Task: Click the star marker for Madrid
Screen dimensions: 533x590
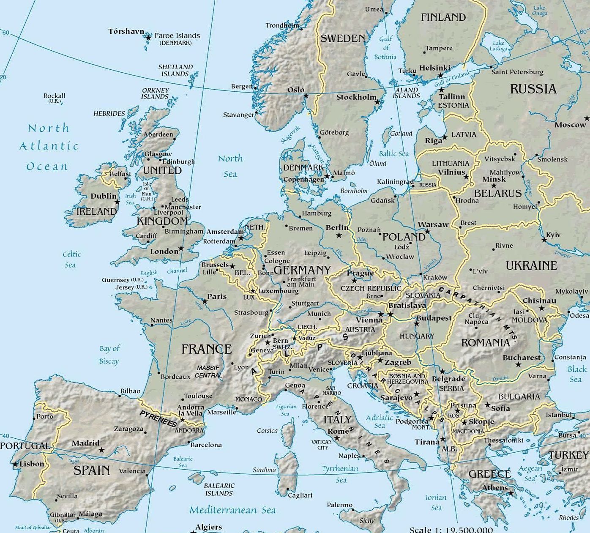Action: point(101,450)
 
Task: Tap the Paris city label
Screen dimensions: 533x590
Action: point(217,296)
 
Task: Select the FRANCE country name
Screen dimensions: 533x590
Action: point(207,349)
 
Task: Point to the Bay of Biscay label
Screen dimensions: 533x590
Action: point(109,355)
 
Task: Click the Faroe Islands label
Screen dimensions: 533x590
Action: point(177,36)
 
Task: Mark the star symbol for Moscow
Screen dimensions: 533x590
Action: point(587,118)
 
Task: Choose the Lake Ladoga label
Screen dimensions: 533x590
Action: point(498,46)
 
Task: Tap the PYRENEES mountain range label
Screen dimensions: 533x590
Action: point(158,418)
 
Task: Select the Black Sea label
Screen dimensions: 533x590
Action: point(577,374)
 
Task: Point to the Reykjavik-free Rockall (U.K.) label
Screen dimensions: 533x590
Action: point(55,98)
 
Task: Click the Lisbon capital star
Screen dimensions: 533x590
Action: point(15,464)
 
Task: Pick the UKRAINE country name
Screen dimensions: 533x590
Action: point(531,265)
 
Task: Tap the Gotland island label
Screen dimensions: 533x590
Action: point(401,134)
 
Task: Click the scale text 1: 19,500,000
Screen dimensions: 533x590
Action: point(451,530)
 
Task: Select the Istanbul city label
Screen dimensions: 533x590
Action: point(559,415)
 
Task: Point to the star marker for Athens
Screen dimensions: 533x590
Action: point(511,493)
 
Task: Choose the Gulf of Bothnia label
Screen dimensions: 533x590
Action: point(385,48)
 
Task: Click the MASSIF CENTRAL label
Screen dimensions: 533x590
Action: point(208,372)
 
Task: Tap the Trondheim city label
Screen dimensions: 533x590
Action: point(282,25)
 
